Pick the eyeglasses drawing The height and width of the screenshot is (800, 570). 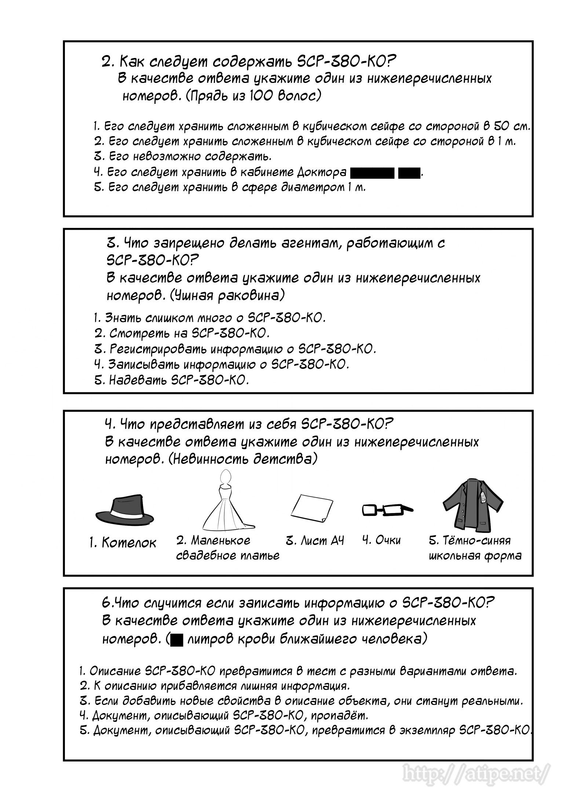(387, 510)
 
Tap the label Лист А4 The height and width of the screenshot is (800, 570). (315, 541)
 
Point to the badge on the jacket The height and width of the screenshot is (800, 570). (483, 497)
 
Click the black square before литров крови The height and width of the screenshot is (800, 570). (177, 640)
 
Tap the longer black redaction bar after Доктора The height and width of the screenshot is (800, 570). (372, 172)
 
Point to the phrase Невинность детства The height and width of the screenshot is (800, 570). (242, 459)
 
